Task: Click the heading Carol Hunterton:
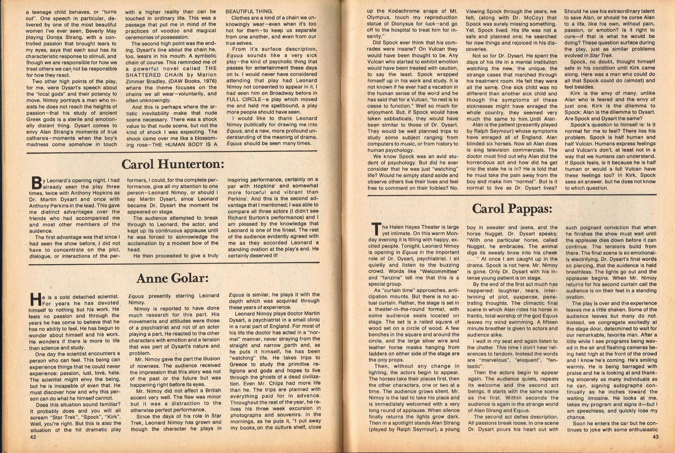173,164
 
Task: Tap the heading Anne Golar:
173,278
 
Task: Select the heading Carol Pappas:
512,209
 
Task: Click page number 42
32,437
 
